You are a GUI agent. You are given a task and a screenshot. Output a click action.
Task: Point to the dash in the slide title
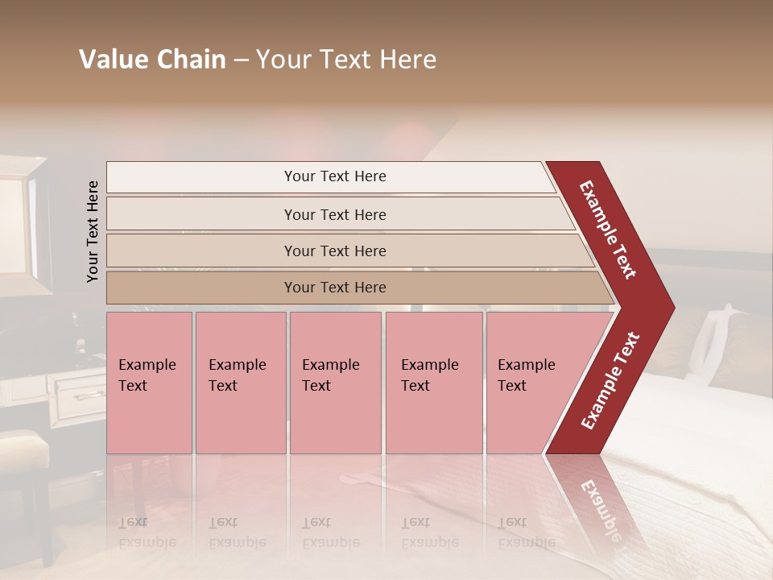pos(241,60)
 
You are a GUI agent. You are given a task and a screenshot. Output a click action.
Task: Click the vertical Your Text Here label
pos(93,231)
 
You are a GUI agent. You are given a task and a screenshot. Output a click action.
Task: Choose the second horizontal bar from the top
pos(334,214)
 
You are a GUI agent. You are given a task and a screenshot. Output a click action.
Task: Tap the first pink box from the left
pos(149,383)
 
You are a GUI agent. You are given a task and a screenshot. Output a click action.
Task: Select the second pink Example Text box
pos(241,383)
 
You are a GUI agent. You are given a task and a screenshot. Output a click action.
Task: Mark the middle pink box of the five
pos(335,383)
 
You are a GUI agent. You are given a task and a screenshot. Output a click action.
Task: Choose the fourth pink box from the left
pos(434,383)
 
